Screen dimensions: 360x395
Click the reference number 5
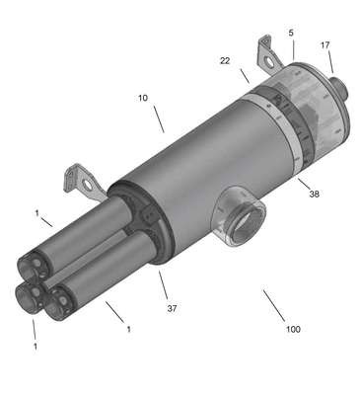pos(291,33)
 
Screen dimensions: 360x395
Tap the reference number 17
pos(325,45)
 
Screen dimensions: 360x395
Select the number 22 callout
pos(225,60)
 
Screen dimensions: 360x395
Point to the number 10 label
pos(143,98)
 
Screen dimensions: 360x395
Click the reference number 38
pos(314,194)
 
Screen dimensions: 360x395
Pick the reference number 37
pos(172,308)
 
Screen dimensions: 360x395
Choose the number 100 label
pos(293,329)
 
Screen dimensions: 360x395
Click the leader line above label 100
pos(274,305)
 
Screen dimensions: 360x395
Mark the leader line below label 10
pos(159,118)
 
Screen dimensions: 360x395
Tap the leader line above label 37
pos(164,284)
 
